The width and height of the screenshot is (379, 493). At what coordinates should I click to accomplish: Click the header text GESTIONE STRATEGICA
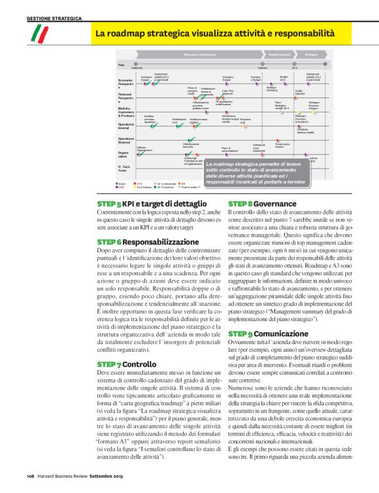[54, 18]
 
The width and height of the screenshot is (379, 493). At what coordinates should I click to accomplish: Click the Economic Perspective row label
[126, 83]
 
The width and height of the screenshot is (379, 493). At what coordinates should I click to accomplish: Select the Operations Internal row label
[126, 126]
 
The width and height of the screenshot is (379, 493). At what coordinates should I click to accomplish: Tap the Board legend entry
[122, 184]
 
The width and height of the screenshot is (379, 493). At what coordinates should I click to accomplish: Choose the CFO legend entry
[139, 184]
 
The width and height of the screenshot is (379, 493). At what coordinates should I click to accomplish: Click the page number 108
[30, 475]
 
